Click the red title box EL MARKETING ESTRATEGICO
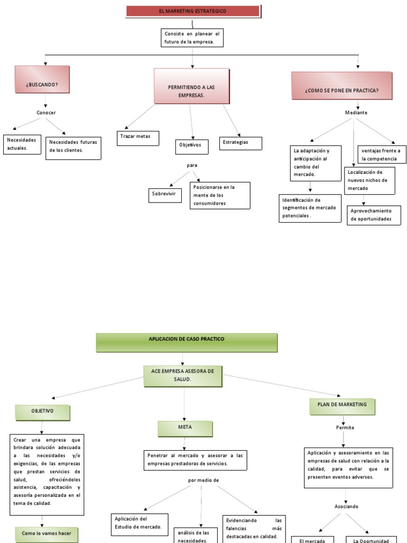(193, 11)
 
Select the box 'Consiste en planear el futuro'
(192, 38)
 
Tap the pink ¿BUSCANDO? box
(42, 84)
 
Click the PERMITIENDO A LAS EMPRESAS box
(192, 91)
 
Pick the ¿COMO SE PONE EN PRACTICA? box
(341, 90)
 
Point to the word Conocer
(46, 112)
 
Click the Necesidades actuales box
(23, 144)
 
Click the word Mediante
(356, 112)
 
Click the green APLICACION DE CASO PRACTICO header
(187, 343)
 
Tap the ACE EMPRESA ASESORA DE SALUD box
(183, 375)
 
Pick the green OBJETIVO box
(42, 411)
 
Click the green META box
(185, 428)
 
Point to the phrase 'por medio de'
(203, 480)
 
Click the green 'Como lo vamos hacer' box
(43, 533)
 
